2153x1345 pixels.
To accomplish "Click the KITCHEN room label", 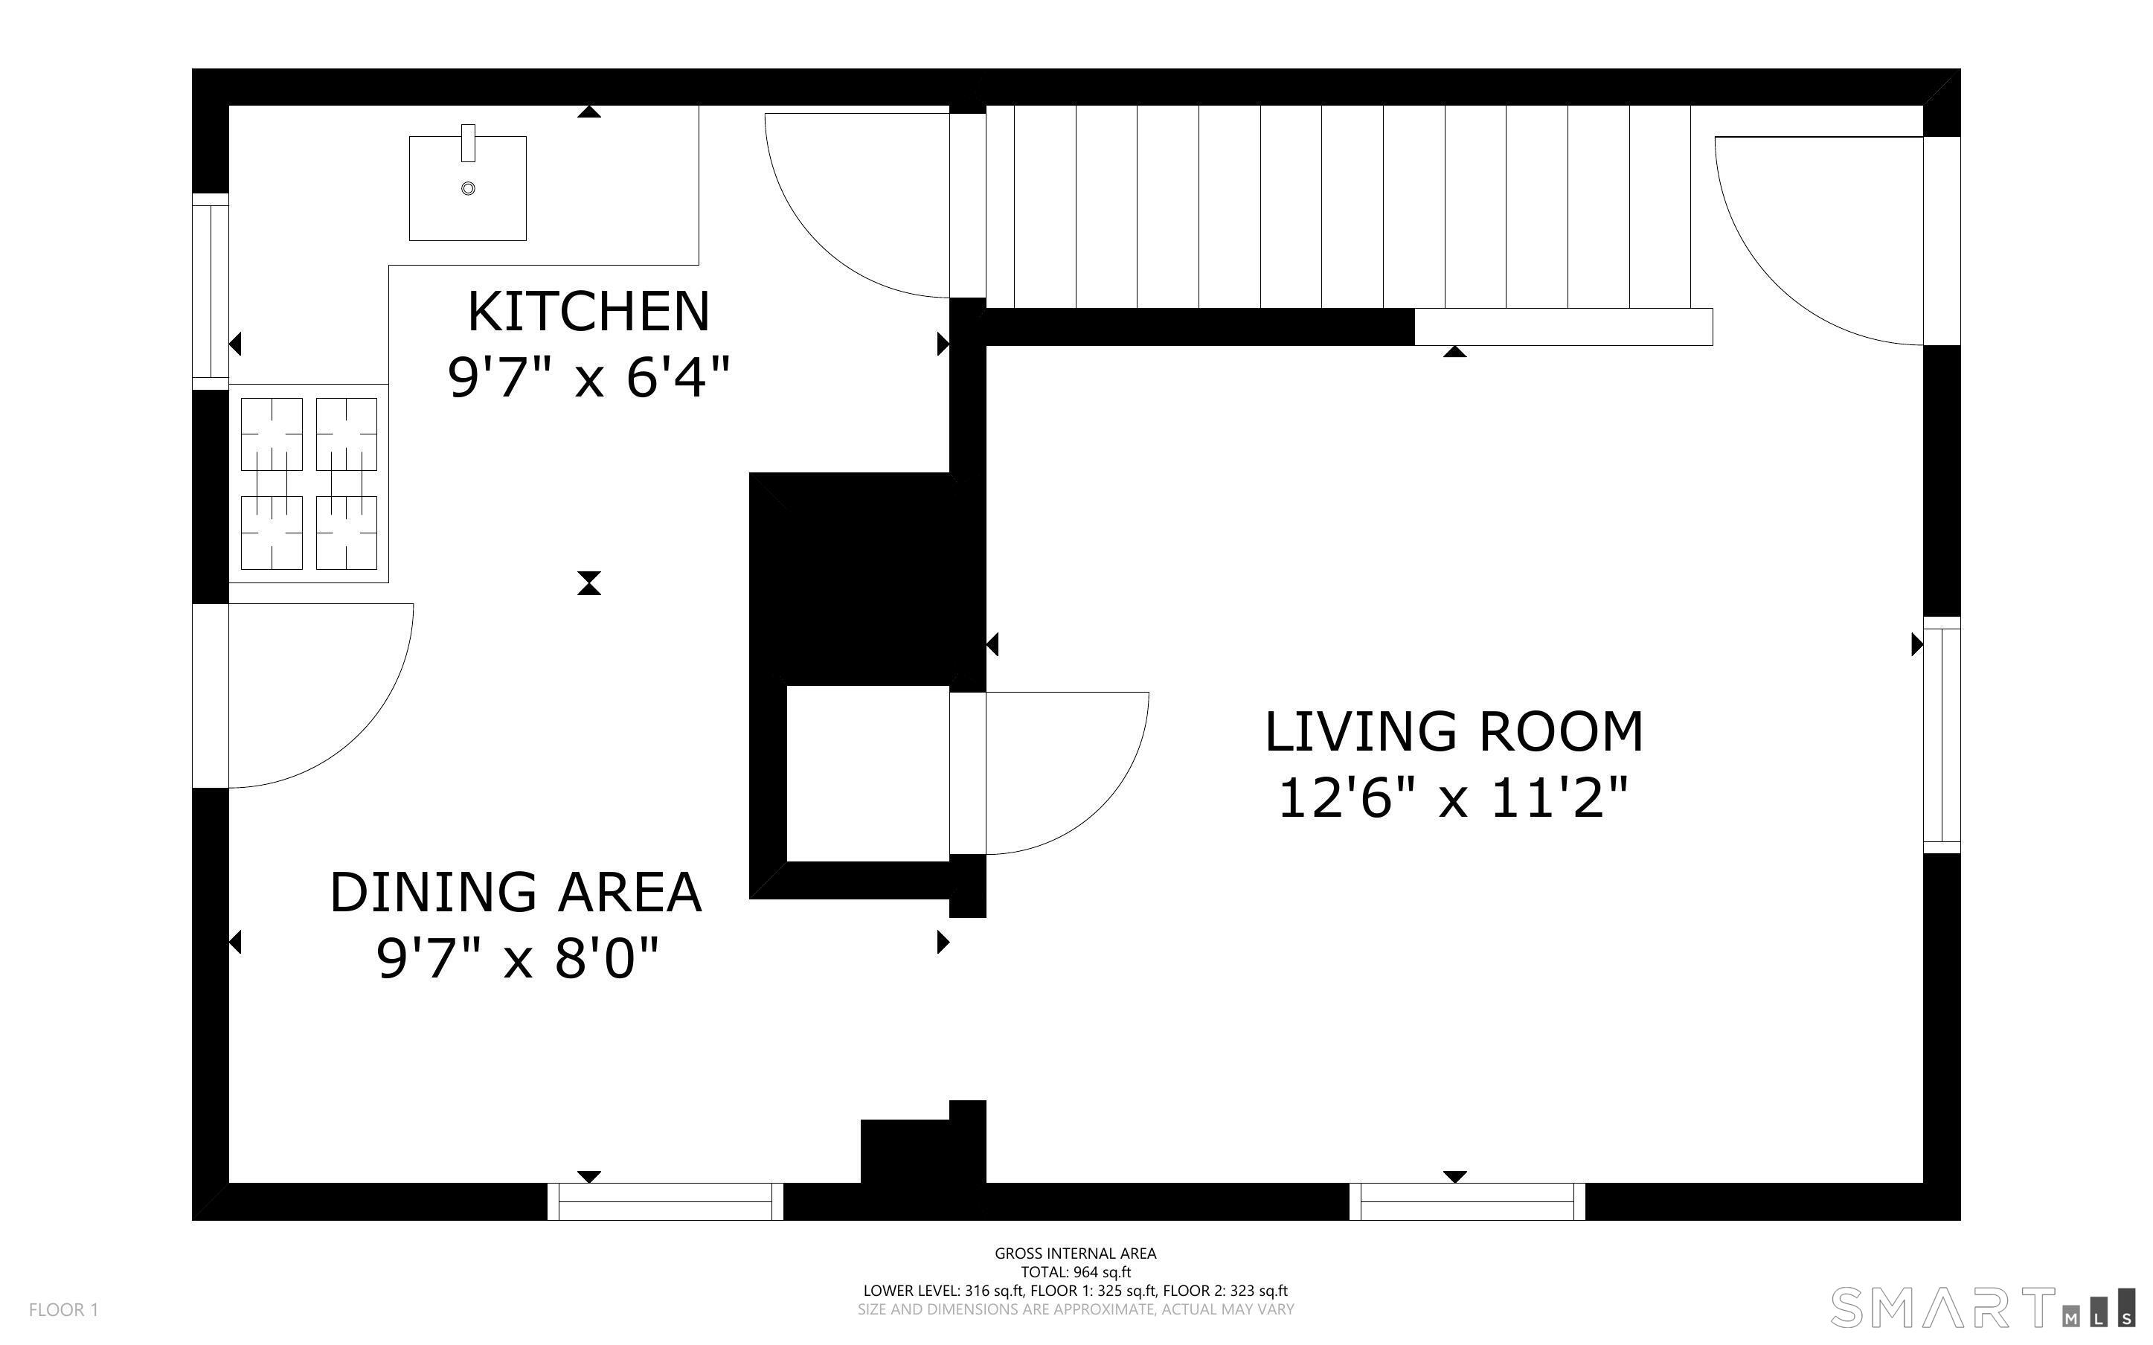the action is pos(588,312).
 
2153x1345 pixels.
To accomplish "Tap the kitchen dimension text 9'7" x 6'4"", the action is pos(588,378).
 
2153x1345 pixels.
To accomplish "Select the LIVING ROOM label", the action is pos(1454,732).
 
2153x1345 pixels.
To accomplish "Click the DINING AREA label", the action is pos(516,892).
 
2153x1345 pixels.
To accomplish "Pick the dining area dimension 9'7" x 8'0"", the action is pos(518,959).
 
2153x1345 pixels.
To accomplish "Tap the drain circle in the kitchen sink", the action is pos(468,189).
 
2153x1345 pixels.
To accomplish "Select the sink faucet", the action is pos(468,144).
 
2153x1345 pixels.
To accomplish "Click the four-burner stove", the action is pos(309,483).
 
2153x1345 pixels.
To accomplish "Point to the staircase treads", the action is pos(1338,208).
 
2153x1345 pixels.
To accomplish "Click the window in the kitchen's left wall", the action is pos(211,292).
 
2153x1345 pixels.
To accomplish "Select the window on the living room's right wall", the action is pos(1942,735).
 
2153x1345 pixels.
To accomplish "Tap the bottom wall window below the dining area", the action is pos(665,1201).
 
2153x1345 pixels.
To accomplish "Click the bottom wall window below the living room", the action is pos(1467,1201).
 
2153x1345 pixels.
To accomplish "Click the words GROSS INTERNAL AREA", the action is pos(1075,1253).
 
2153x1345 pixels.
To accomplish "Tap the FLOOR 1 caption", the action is pos(64,1309).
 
